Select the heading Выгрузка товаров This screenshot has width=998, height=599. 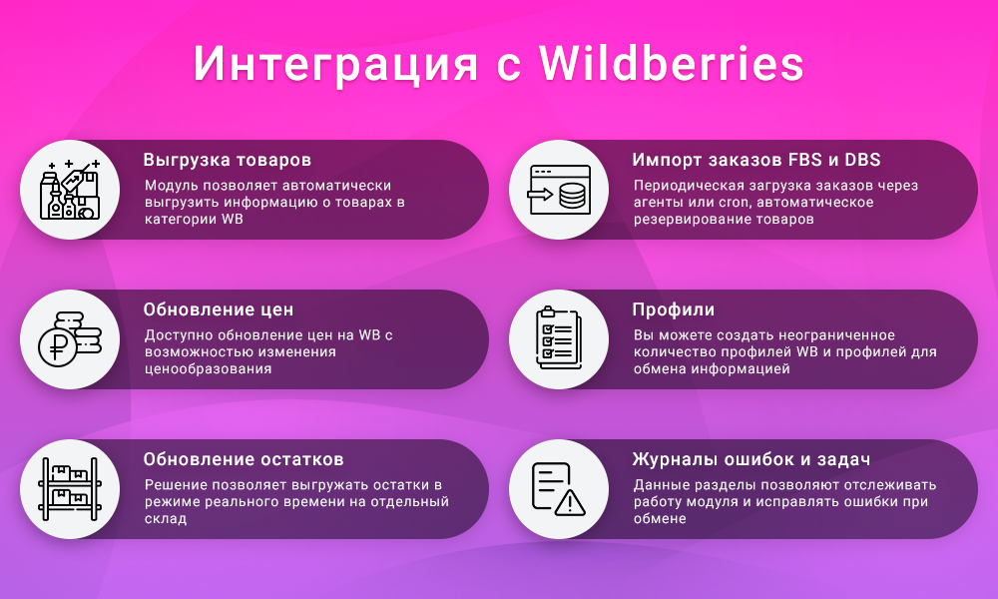point(228,160)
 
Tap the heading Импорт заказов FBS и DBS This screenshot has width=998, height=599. point(756,160)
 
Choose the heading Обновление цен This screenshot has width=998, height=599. point(219,309)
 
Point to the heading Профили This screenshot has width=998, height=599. point(674,309)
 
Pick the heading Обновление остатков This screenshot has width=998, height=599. point(244,459)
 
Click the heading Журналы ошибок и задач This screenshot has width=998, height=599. point(751,459)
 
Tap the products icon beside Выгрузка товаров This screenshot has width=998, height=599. point(70,190)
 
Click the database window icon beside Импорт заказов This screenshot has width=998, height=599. point(559,190)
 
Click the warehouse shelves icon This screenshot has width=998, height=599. point(70,489)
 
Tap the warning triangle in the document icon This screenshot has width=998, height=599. point(570,501)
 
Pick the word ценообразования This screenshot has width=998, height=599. point(209,368)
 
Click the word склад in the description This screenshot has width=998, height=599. point(166,518)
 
